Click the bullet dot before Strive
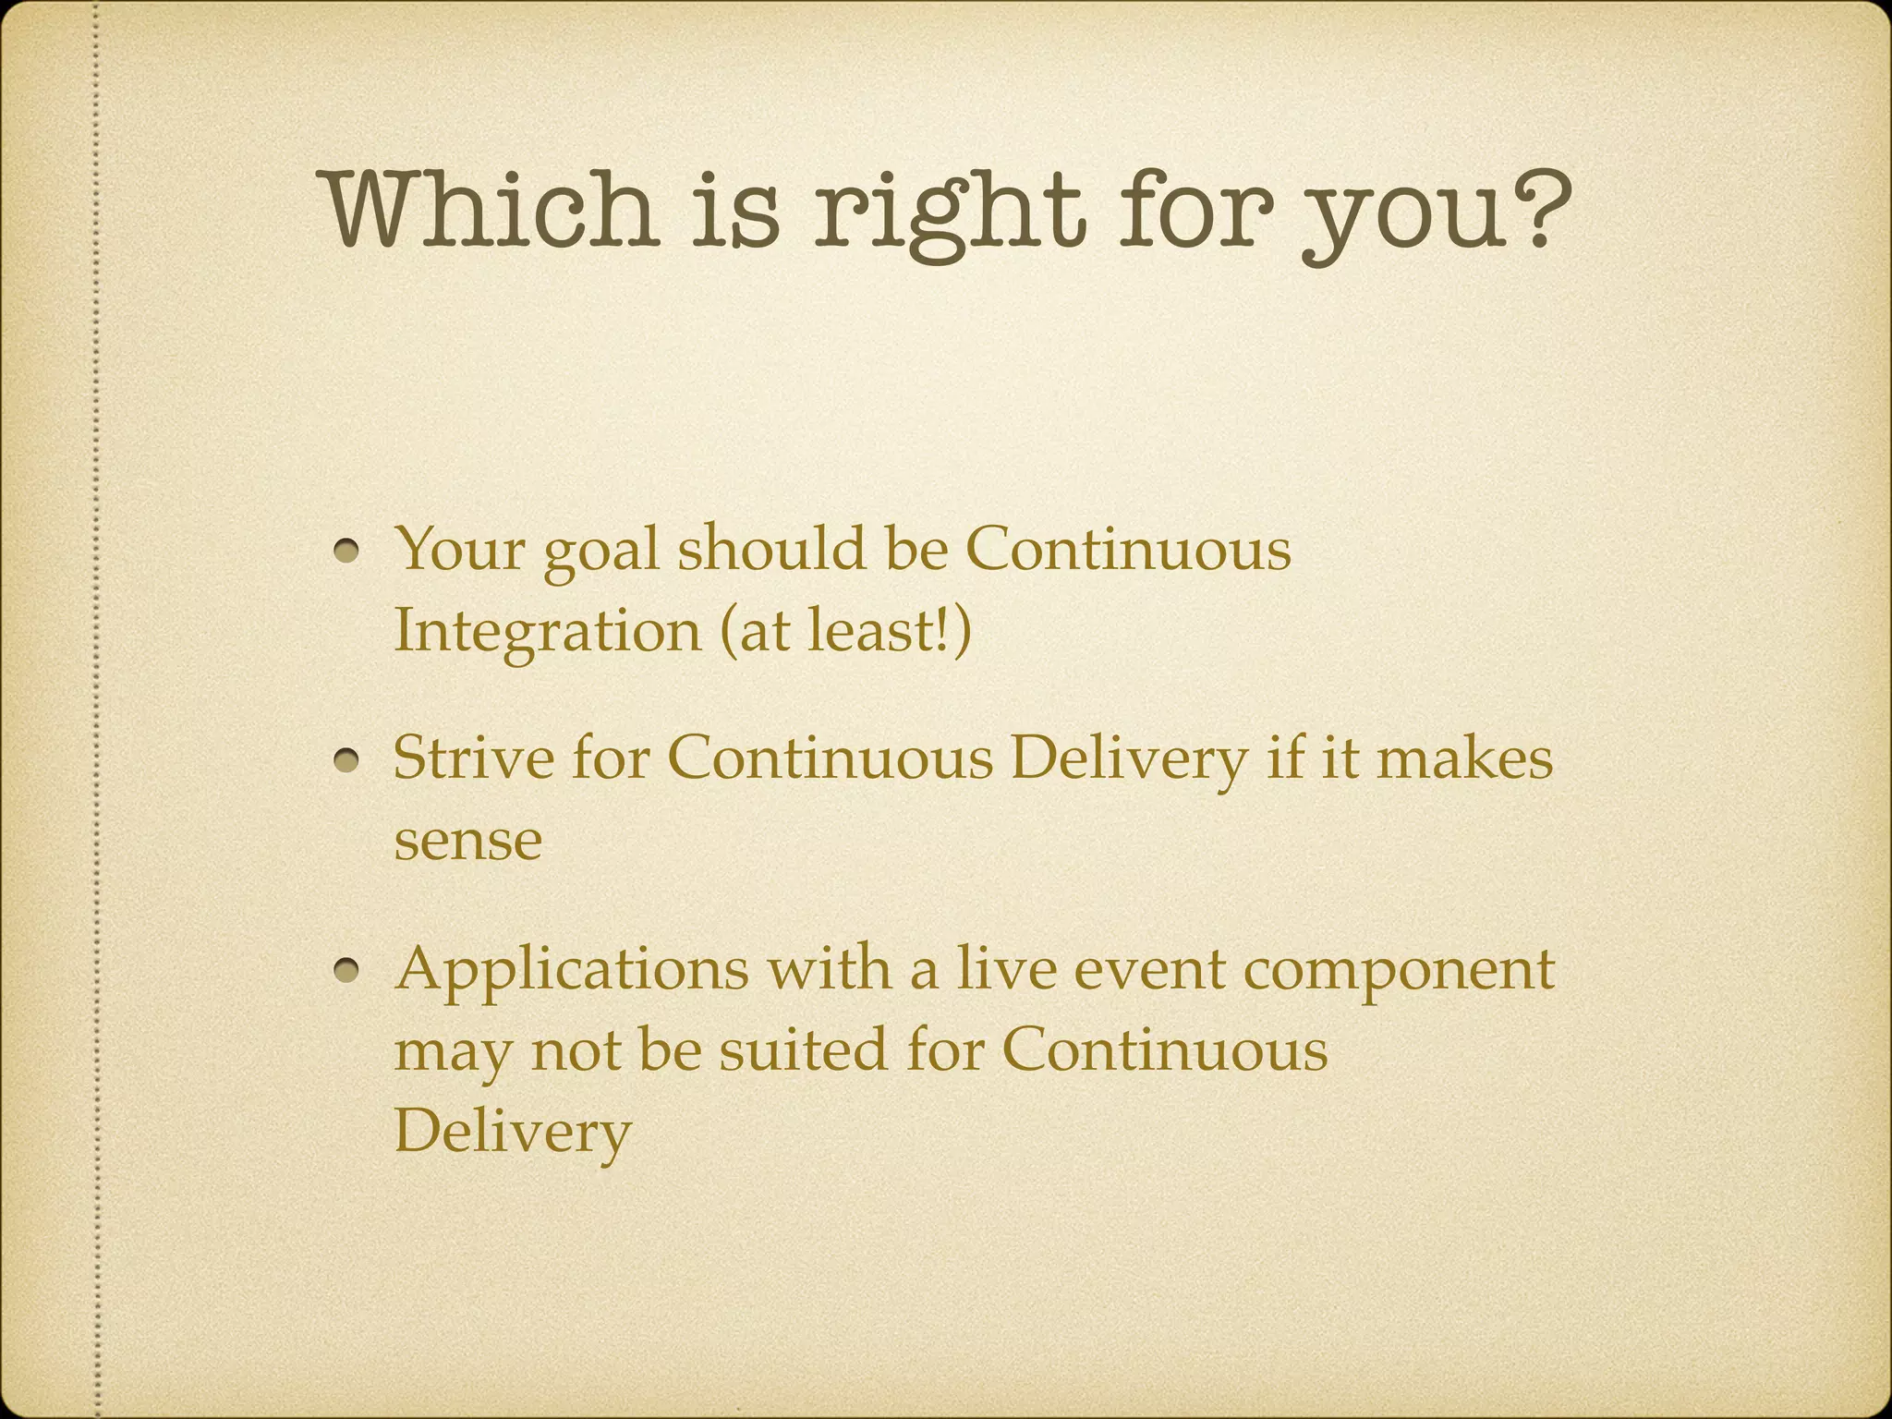click(348, 761)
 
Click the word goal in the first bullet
click(601, 552)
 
